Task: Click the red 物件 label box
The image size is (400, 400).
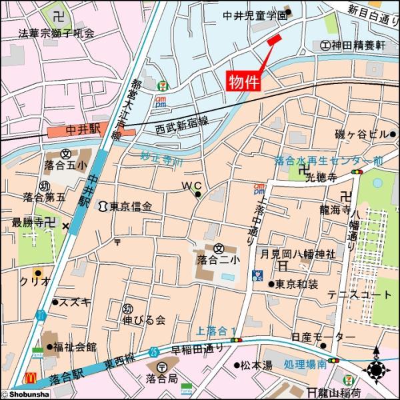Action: pyautogui.click(x=244, y=81)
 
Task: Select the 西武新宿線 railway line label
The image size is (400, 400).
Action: pyautogui.click(x=182, y=123)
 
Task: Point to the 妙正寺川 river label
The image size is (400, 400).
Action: pyautogui.click(x=161, y=158)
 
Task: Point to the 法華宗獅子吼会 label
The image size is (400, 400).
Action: pyautogui.click(x=57, y=32)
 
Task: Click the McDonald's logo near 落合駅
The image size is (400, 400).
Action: pyautogui.click(x=29, y=378)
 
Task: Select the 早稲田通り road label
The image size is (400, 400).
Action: pyautogui.click(x=196, y=349)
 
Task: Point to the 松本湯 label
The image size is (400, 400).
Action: pyautogui.click(x=257, y=365)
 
